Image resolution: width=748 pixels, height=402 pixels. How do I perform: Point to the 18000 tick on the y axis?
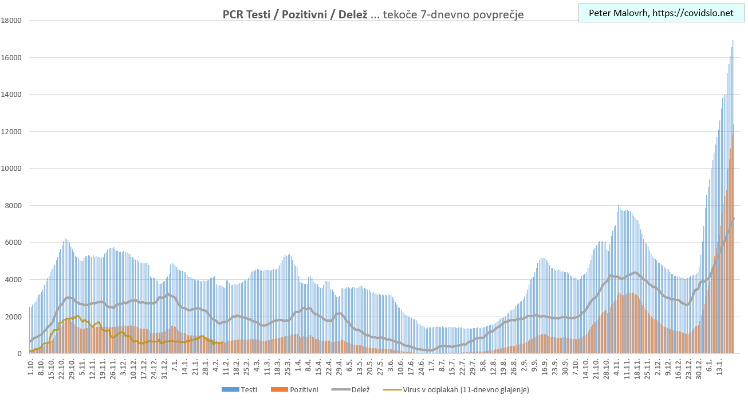pyautogui.click(x=11, y=21)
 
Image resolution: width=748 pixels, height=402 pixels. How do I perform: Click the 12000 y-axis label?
pyautogui.click(x=11, y=131)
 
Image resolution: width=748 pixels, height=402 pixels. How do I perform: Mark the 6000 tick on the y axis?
pyautogui.click(x=13, y=243)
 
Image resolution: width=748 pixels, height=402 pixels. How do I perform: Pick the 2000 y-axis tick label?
pyautogui.click(x=13, y=317)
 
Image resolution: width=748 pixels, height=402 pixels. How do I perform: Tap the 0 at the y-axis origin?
pyautogui.click(x=19, y=353)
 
